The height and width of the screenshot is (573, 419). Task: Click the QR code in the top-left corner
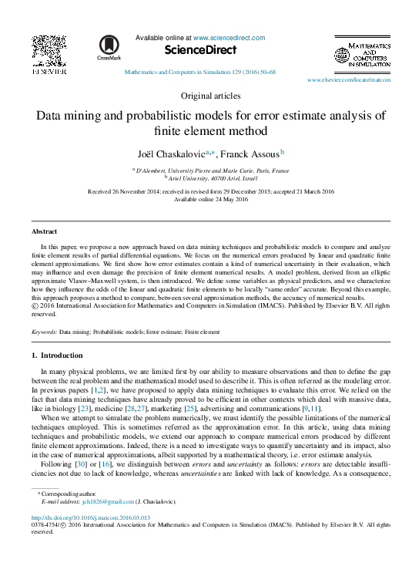[48, 49]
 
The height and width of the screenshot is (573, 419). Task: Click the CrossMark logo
[109, 49]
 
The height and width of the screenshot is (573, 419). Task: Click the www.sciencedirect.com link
[229, 38]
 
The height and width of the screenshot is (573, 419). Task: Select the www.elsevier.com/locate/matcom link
[344, 80]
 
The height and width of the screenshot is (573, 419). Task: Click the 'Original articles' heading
[210, 96]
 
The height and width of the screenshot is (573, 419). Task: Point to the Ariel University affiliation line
[211, 177]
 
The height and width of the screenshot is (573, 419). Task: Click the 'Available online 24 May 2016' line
[210, 200]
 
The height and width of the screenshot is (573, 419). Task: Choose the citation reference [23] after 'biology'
[102, 408]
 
